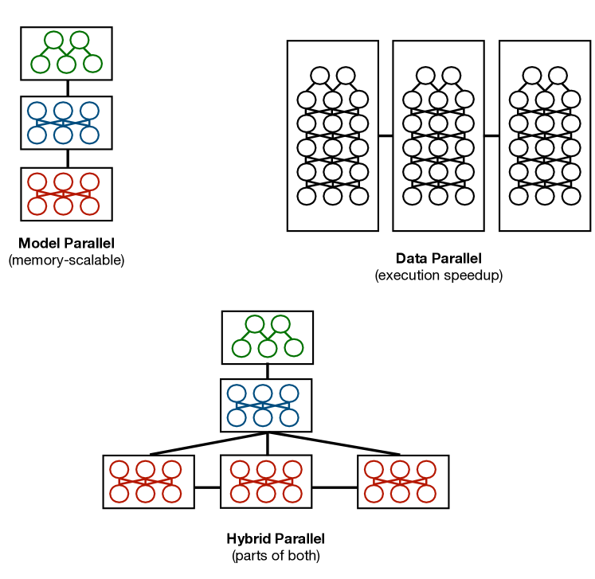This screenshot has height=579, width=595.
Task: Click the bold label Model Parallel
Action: click(66, 244)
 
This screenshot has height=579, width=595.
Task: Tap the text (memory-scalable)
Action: click(66, 260)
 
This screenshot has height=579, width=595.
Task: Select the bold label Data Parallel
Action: click(438, 259)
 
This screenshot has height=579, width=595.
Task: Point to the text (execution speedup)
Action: click(438, 276)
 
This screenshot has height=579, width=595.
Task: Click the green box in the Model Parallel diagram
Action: click(66, 53)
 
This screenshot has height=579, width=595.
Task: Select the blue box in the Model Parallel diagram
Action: click(66, 123)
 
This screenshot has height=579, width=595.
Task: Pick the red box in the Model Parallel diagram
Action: click(66, 194)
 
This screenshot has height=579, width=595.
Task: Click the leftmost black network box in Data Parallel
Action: click(332, 136)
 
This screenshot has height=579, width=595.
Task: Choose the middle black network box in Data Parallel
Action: click(438, 136)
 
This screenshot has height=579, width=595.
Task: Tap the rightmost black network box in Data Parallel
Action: click(544, 136)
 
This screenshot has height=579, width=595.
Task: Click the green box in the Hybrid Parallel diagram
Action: click(267, 337)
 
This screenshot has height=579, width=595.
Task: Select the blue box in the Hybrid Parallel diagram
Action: click(266, 405)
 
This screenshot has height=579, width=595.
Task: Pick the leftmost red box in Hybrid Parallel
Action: click(149, 481)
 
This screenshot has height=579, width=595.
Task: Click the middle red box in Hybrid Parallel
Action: click(266, 481)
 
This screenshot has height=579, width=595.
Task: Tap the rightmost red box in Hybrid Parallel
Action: click(403, 481)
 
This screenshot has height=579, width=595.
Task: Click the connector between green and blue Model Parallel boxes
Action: click(67, 88)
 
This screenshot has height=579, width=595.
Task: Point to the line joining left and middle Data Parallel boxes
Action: click(386, 136)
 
